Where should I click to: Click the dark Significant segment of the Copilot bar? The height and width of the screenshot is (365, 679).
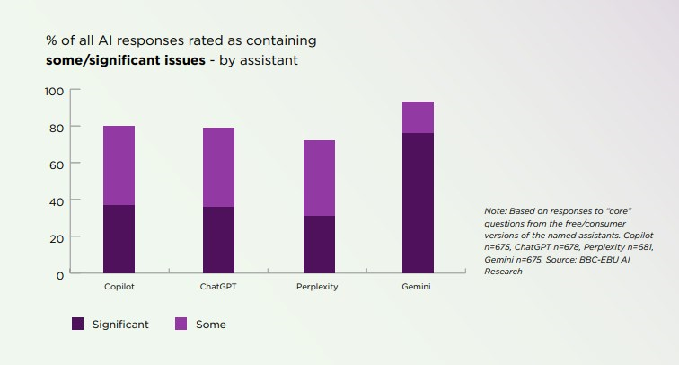point(119,239)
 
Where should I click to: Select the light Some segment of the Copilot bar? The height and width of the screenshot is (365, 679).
point(119,165)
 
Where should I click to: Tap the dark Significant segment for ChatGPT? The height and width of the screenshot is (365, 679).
point(218,240)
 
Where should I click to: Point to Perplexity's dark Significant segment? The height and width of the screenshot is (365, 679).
point(318,245)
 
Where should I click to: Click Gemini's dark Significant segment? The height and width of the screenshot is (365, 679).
point(418,203)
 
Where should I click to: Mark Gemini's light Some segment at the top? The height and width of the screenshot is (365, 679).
point(418,118)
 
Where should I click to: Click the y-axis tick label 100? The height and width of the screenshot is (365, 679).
point(54,91)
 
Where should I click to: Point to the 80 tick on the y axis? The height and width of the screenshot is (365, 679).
point(57,128)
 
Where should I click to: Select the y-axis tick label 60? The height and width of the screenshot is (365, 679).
point(57,164)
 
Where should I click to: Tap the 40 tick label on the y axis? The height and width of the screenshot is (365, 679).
point(57,200)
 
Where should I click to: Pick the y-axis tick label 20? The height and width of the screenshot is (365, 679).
point(57,237)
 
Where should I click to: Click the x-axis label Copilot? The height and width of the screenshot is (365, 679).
point(119,287)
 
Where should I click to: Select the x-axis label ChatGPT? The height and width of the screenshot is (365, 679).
point(218,287)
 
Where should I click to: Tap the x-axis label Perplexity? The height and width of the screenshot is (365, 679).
point(318,287)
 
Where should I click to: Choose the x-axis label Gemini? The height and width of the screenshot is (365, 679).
point(418,287)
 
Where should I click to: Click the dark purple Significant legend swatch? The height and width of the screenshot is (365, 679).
point(78,325)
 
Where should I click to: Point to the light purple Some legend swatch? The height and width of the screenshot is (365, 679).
point(180,325)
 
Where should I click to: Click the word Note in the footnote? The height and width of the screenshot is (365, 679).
point(495,210)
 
